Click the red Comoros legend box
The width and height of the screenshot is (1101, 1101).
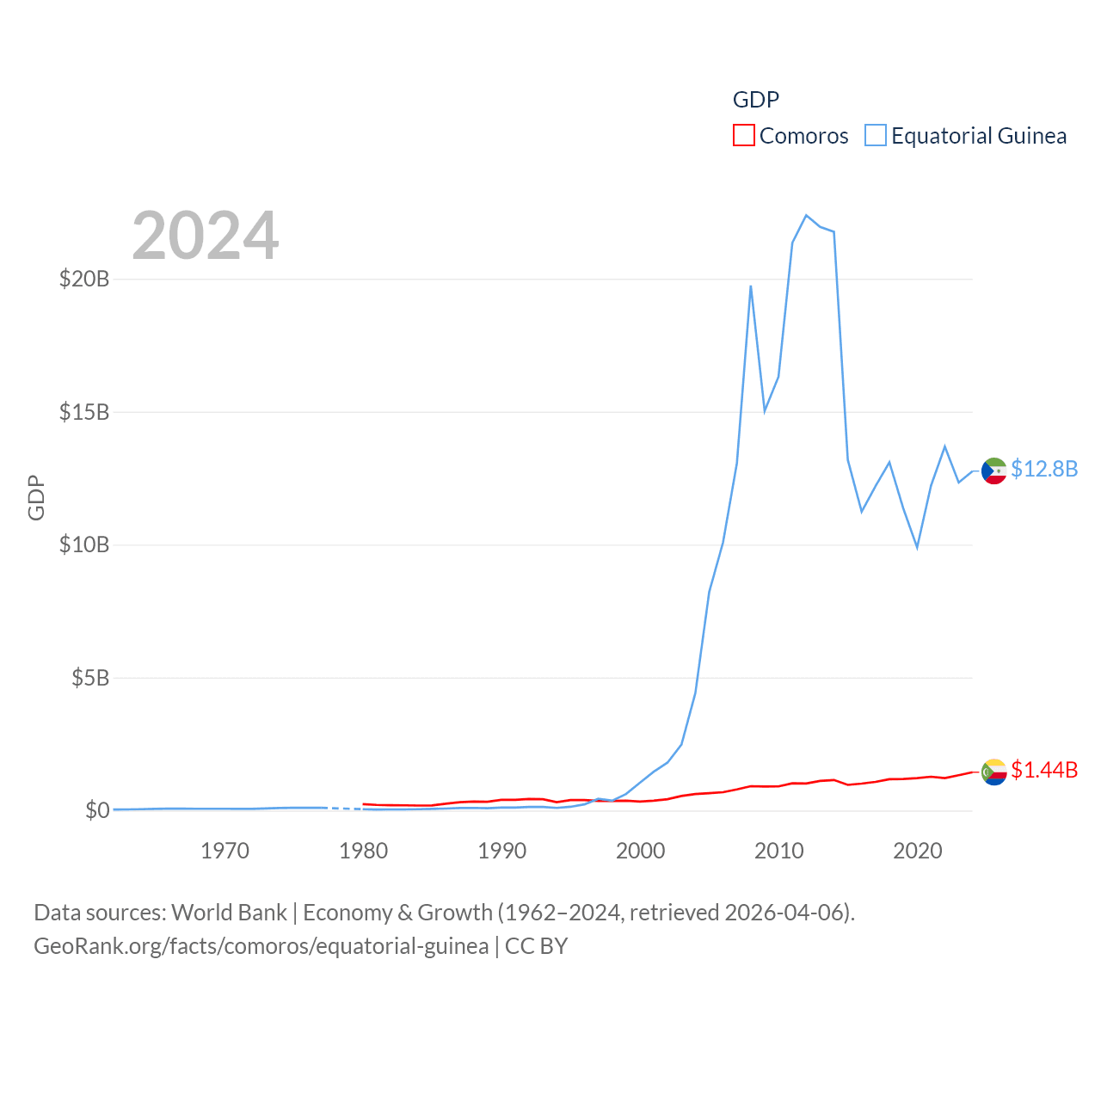tap(744, 136)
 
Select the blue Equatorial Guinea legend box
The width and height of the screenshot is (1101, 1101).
tap(876, 136)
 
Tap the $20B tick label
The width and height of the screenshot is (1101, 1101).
tap(84, 279)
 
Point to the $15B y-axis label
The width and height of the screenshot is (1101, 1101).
tap(84, 412)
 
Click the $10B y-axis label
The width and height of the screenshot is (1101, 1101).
tap(84, 544)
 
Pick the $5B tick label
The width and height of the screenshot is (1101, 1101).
tap(90, 678)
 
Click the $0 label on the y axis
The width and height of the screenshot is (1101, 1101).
tap(97, 810)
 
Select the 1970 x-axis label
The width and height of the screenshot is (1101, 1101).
tap(225, 851)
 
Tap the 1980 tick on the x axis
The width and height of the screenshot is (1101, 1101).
tap(363, 851)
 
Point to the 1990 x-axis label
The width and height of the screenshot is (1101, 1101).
tap(501, 851)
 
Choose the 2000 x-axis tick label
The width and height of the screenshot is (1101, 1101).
tap(640, 851)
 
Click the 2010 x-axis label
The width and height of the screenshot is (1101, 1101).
tap(778, 851)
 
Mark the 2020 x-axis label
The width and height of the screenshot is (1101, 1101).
tap(917, 851)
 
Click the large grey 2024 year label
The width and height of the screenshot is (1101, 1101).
tap(206, 236)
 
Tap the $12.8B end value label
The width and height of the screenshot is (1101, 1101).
tap(1044, 469)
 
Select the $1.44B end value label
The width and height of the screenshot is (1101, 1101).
tap(1044, 770)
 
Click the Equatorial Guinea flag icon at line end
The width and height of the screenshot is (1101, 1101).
tap(994, 471)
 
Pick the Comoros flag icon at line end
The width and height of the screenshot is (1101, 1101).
tap(994, 772)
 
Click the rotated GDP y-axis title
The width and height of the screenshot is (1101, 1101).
tap(36, 497)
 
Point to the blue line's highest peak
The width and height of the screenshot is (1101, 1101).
tap(806, 215)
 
